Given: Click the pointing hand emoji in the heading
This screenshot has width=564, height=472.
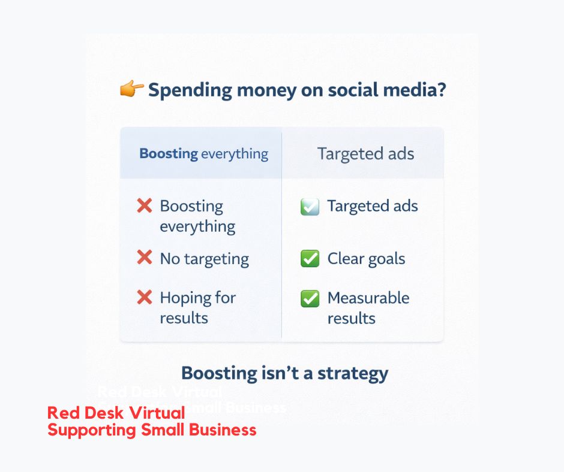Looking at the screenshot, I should pyautogui.click(x=131, y=90).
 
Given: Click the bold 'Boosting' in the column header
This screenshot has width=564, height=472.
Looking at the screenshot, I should pyautogui.click(x=168, y=153).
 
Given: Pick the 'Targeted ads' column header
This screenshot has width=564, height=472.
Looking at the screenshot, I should pyautogui.click(x=365, y=153).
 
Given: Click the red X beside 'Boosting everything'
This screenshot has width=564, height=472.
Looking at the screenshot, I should pyautogui.click(x=145, y=206).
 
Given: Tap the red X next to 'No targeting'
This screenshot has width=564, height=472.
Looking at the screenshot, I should pyautogui.click(x=145, y=258).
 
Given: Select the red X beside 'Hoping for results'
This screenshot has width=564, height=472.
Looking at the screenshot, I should pyautogui.click(x=145, y=297).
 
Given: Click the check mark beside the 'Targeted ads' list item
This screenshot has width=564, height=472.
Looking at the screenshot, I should pyautogui.click(x=310, y=207).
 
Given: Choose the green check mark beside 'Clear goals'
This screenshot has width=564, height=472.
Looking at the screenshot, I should pyautogui.click(x=310, y=259).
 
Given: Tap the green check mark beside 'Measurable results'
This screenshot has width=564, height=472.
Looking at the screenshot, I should pyautogui.click(x=310, y=298).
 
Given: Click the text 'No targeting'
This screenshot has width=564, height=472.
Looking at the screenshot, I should pyautogui.click(x=204, y=259).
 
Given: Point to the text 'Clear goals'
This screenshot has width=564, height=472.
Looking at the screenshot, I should pyautogui.click(x=366, y=259).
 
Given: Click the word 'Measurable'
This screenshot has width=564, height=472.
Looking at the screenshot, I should pyautogui.click(x=368, y=298).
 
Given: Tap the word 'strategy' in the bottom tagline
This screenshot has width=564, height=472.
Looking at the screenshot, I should pyautogui.click(x=353, y=374).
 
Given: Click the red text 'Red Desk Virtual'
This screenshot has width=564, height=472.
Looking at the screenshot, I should pyautogui.click(x=116, y=413).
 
